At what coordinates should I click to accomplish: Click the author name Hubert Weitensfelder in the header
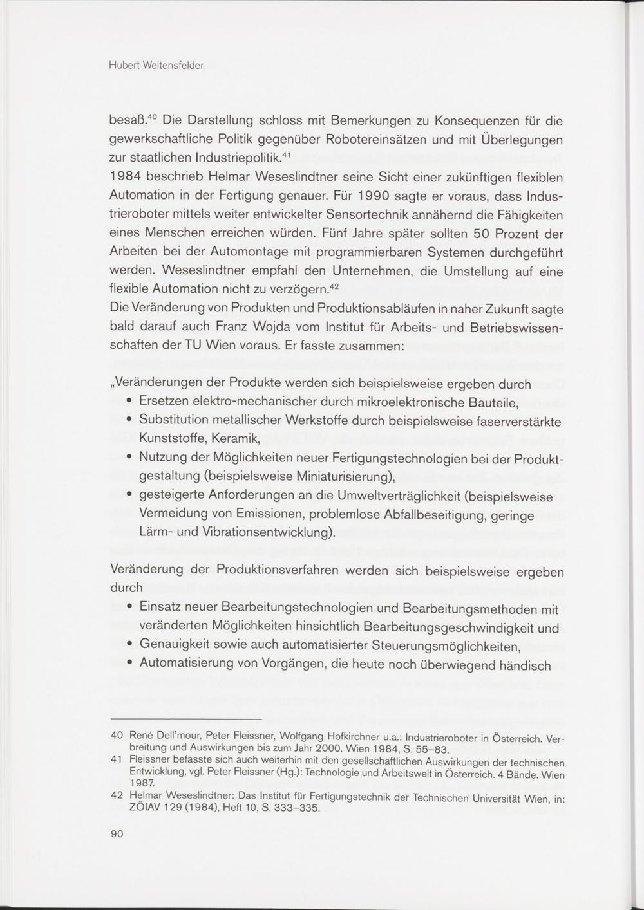point(156,66)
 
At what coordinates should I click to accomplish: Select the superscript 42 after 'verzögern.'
point(334,286)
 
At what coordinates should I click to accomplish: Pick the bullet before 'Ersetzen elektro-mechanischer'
point(129,402)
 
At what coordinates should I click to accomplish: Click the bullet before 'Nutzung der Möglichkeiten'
point(129,458)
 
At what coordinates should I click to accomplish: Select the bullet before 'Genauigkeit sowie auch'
point(129,645)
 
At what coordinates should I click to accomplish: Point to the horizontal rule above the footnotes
point(187,718)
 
